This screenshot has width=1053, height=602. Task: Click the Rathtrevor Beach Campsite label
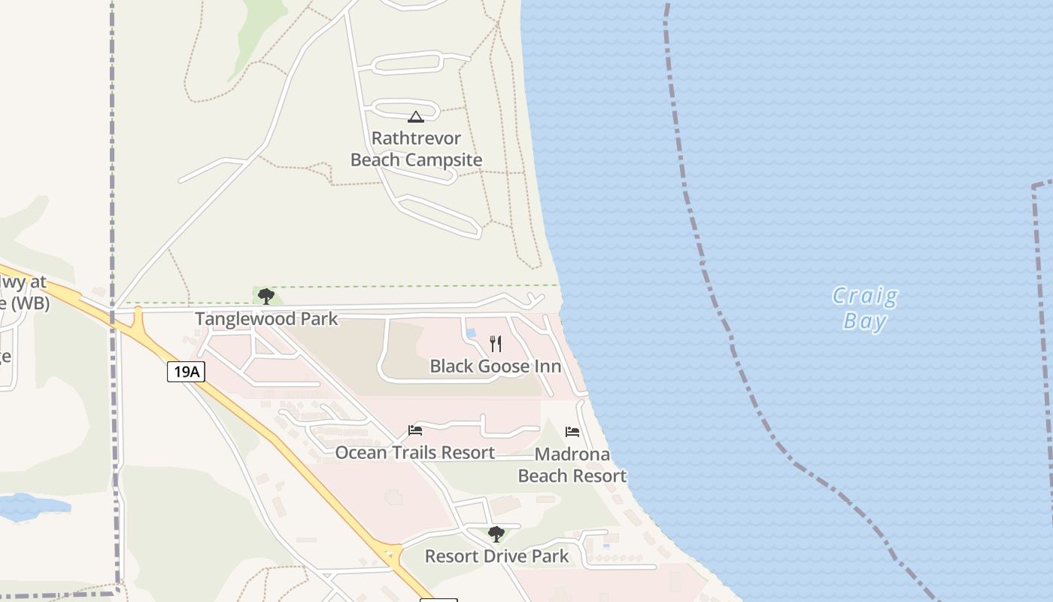pyautogui.click(x=416, y=149)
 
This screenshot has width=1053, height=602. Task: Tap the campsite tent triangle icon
pyautogui.click(x=415, y=117)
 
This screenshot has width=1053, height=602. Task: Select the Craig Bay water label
pyautogui.click(x=865, y=309)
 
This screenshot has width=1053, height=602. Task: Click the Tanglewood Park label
pyautogui.click(x=266, y=319)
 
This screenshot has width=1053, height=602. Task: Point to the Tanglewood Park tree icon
pyautogui.click(x=266, y=296)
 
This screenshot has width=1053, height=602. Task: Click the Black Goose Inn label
pyautogui.click(x=495, y=366)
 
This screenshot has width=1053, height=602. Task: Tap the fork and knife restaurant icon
pyautogui.click(x=495, y=344)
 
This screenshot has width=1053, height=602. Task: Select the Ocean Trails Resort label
pyautogui.click(x=414, y=452)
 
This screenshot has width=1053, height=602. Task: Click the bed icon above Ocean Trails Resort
pyautogui.click(x=414, y=430)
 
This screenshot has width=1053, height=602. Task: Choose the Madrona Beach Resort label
pyautogui.click(x=572, y=465)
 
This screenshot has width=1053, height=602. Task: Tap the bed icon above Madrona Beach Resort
pyautogui.click(x=572, y=432)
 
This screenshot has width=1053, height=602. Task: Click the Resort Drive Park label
pyautogui.click(x=496, y=557)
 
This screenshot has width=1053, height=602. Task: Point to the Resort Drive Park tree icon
pyautogui.click(x=496, y=534)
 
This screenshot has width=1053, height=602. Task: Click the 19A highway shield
pyautogui.click(x=186, y=371)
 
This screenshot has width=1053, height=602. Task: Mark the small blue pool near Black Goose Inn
pyautogui.click(x=471, y=333)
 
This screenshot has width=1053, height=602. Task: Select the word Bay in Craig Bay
pyautogui.click(x=865, y=321)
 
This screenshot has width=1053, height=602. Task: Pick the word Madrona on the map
pyautogui.click(x=572, y=455)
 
